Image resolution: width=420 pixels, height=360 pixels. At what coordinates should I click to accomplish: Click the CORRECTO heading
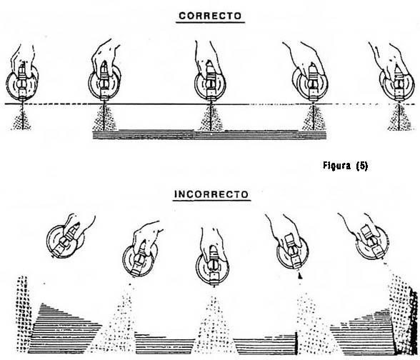point(210,16)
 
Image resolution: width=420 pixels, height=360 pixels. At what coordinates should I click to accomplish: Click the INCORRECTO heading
point(211,194)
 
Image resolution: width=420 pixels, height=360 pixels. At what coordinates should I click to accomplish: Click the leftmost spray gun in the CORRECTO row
point(22,75)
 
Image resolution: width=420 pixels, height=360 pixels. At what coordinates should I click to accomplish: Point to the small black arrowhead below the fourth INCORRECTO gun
point(300,276)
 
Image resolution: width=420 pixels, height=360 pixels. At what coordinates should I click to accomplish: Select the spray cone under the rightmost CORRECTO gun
point(400,118)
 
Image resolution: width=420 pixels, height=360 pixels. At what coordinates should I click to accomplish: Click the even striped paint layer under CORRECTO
point(209,135)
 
